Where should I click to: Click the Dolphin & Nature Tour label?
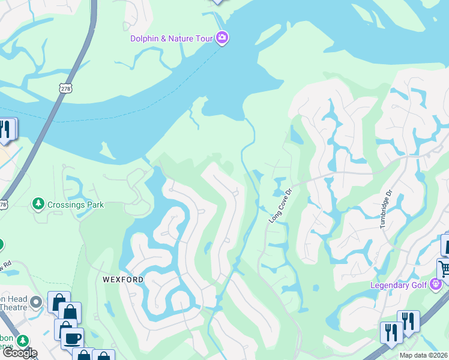172,38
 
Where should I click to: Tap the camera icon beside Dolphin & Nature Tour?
222,38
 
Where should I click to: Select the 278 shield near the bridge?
65,88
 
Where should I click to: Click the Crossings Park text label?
76,205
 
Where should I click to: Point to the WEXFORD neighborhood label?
122,280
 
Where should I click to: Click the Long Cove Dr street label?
280,206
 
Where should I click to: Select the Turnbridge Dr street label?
385,209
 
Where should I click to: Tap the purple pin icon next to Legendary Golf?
436,284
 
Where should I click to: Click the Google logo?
19,353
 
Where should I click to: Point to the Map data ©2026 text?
424,355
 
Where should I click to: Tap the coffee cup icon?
73,337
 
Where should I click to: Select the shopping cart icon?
445,268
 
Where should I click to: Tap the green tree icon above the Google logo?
24,341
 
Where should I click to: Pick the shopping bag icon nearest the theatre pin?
59,301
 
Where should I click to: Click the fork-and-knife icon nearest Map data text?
391,332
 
